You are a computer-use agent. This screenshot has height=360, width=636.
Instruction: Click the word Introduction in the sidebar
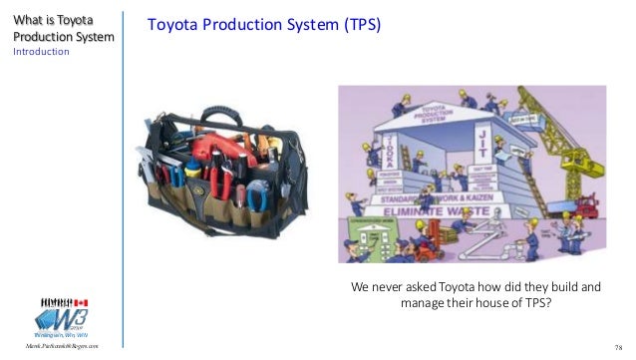pos(40,52)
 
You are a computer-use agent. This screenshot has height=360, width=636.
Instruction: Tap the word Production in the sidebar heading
pos(42,37)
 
